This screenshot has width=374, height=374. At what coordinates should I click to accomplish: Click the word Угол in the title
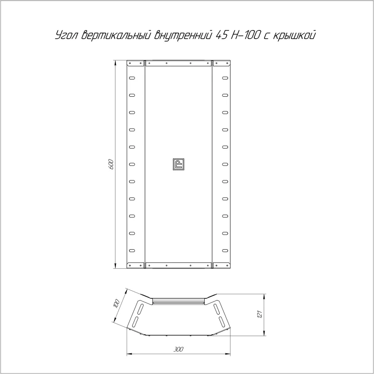67,35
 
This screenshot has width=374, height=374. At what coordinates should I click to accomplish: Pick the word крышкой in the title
294,35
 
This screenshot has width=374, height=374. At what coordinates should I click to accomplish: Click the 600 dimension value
111,164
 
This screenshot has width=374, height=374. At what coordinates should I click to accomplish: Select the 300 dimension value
178,349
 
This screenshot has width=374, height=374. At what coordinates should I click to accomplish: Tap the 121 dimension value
260,314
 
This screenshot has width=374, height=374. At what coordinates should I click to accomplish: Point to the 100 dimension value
116,304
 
